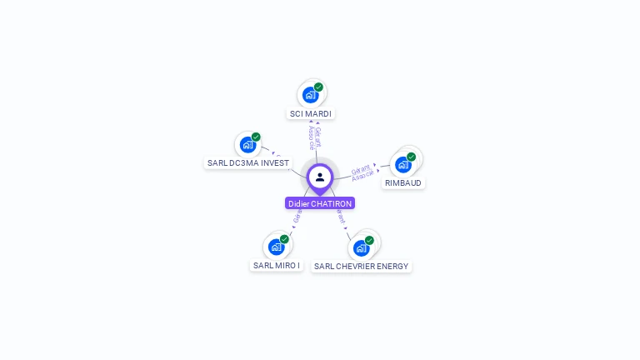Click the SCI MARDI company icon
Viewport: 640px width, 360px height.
pos(310,95)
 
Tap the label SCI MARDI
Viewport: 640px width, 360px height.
pos(311,113)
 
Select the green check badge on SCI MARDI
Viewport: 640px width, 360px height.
pos(318,87)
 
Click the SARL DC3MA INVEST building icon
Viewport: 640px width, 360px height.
pos(247,145)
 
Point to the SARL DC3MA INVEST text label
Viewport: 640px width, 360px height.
pos(248,163)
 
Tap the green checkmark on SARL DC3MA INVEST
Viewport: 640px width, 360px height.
pos(256,137)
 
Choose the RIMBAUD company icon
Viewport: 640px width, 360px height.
pos(403,164)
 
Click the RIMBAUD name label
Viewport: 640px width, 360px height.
pos(403,182)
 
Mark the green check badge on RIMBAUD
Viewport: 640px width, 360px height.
pos(411,157)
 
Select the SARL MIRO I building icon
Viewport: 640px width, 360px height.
pos(276,247)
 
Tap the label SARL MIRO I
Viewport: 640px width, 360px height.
pos(277,265)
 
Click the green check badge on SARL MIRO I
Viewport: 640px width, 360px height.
pos(284,239)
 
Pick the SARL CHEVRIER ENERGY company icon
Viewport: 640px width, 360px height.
pos(361,248)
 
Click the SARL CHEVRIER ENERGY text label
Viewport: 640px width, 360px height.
pos(362,267)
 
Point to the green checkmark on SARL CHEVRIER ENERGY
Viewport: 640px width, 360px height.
pos(369,240)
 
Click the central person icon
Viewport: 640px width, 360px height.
pos(320,177)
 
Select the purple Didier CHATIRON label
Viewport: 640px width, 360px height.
pos(320,203)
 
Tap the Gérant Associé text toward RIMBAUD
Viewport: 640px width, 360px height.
pos(362,172)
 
